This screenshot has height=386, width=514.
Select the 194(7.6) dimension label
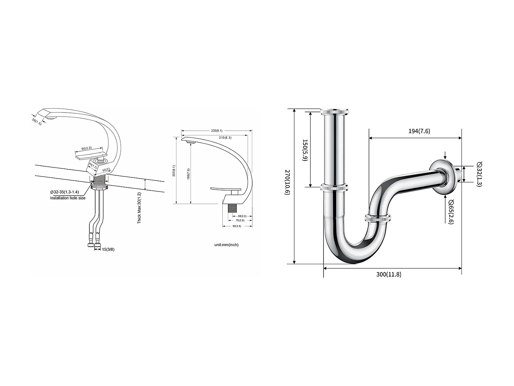point(419,131)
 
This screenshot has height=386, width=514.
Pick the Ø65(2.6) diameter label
point(451,211)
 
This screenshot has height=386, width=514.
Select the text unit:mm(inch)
point(226,245)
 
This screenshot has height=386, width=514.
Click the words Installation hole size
point(68,198)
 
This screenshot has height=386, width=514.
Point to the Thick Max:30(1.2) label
point(139,208)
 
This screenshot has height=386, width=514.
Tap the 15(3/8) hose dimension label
point(108,249)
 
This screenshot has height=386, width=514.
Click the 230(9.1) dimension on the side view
point(217,130)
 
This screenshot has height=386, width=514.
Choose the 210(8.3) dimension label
point(225,137)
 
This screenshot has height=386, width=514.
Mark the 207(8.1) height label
point(174,171)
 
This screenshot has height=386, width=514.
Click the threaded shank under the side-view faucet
point(233,210)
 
